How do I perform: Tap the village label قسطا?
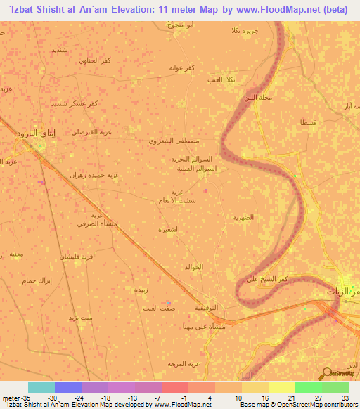(308, 122)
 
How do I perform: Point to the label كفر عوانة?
(181, 67)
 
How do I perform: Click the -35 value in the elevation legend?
(14, 397)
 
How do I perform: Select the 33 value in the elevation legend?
(345, 397)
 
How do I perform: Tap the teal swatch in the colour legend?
(41, 387)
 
